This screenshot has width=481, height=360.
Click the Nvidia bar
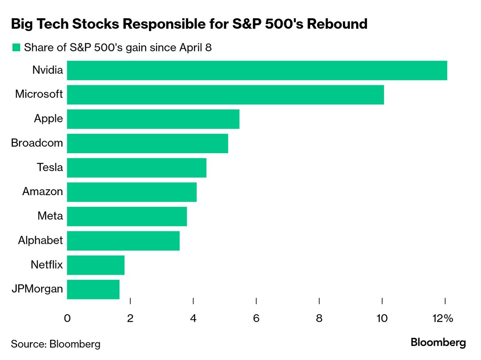point(257,70)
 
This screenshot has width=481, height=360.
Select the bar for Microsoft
point(225,94)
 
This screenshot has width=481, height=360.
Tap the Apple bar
point(153,119)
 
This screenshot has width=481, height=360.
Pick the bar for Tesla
point(136,168)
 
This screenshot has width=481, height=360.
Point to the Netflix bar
point(96,265)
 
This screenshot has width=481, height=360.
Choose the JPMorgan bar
point(93,289)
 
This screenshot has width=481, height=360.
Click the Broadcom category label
point(37,143)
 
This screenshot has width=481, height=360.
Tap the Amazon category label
point(42,192)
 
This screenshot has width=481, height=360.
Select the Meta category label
point(50,216)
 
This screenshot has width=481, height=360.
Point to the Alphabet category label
point(40,240)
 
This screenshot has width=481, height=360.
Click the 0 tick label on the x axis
point(67,318)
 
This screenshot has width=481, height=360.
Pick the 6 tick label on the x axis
point(256,318)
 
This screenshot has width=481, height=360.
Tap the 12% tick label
point(443,318)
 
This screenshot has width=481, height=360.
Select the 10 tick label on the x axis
point(382,318)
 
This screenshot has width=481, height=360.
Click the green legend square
point(16,47)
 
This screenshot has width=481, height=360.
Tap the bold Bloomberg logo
point(438,343)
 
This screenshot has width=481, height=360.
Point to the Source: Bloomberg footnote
point(56,344)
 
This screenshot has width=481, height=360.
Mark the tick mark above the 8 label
point(319,301)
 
